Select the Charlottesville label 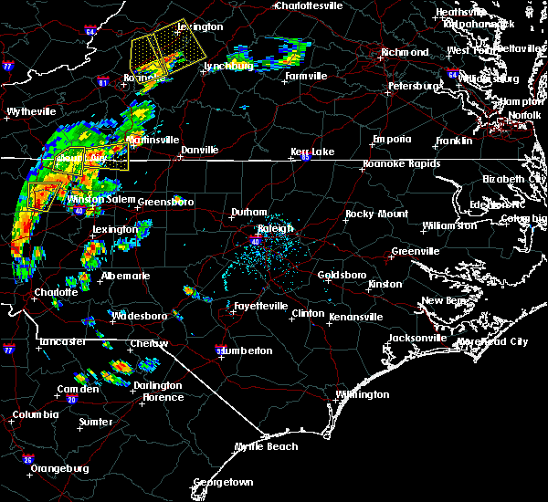[310, 5]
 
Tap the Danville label [199, 150]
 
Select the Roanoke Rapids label [401, 164]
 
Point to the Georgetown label [222, 482]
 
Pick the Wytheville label [32, 111]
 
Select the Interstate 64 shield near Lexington [90, 32]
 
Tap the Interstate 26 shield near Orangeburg [28, 459]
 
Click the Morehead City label [499, 341]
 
